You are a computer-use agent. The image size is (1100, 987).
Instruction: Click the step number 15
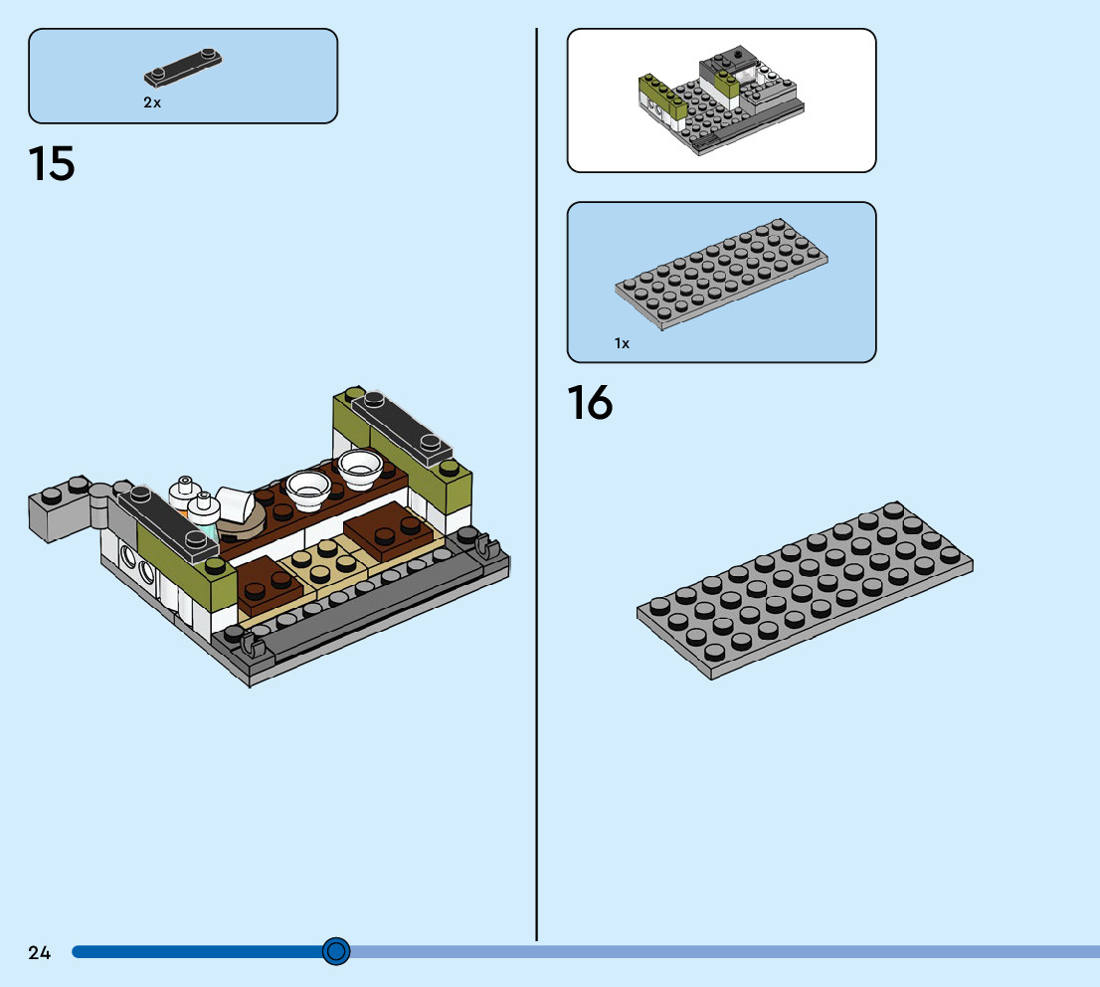click(x=52, y=164)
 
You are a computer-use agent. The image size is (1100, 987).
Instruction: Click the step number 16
click(x=590, y=403)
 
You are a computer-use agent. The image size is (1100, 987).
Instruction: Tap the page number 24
click(x=39, y=952)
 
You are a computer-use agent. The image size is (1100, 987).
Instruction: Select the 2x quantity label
click(x=152, y=102)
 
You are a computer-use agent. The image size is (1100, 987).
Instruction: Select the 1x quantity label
click(x=622, y=343)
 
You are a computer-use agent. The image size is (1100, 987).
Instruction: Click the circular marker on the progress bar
click(x=336, y=951)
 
